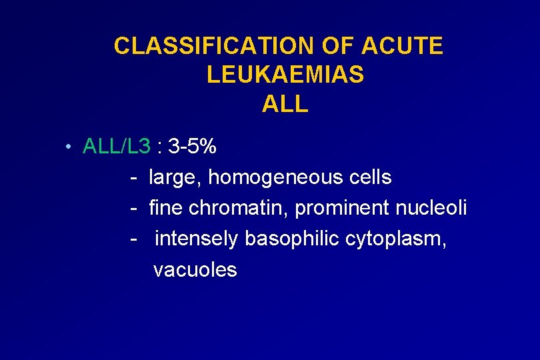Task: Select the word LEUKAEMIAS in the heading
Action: tap(285, 75)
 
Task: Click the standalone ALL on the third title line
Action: tap(285, 104)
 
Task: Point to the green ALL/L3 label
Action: tap(117, 146)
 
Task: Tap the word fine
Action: tap(166, 208)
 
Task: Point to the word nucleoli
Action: tap(431, 208)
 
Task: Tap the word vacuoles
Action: tap(195, 270)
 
